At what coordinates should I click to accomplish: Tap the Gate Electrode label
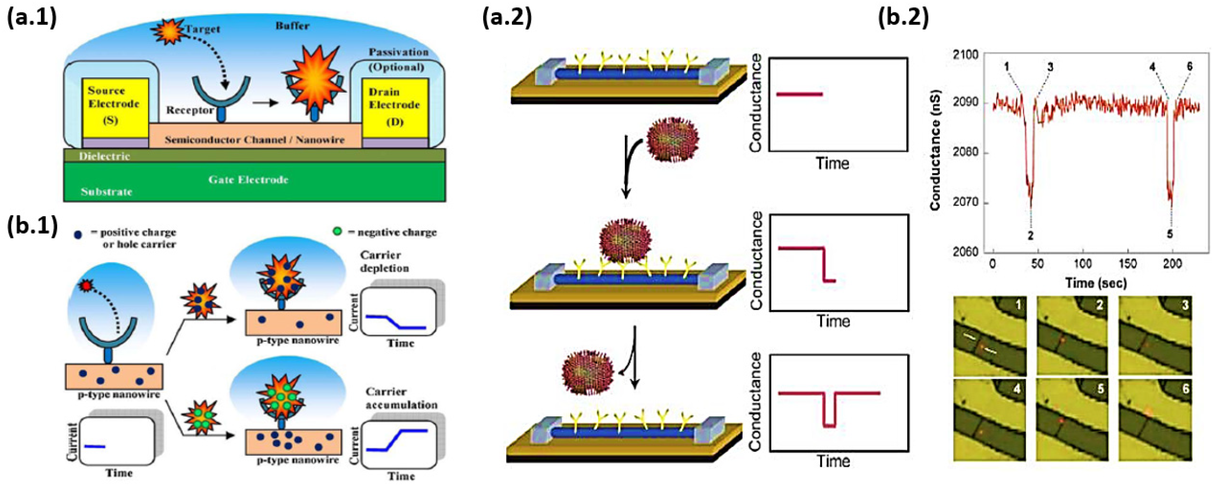[248, 180]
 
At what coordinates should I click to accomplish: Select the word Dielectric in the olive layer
[104, 156]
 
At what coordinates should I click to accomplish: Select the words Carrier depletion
[384, 261]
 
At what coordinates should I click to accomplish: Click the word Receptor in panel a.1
[189, 110]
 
